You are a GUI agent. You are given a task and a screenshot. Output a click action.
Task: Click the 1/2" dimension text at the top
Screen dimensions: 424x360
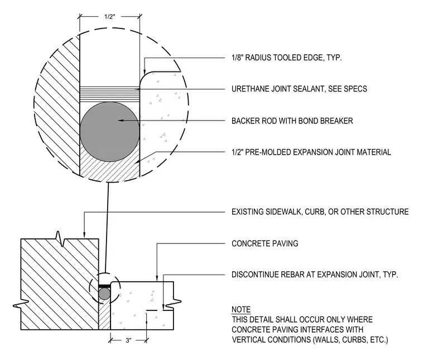pos(110,17)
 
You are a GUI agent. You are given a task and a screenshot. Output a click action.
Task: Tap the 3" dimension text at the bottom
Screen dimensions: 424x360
pos(128,340)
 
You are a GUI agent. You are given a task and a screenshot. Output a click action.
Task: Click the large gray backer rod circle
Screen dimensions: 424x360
pos(110,132)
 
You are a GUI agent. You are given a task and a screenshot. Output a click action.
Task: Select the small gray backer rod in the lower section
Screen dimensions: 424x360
pos(104,294)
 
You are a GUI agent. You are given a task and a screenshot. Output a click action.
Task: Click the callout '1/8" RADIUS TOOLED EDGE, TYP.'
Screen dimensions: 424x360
pos(287,57)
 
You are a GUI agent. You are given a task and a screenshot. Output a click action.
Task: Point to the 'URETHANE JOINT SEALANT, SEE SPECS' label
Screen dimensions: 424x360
pos(300,89)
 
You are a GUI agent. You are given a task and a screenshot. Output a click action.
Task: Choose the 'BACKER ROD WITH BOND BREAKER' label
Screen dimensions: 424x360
pos(292,121)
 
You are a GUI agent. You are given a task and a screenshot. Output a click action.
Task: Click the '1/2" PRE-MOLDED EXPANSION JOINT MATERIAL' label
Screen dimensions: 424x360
pos(311,152)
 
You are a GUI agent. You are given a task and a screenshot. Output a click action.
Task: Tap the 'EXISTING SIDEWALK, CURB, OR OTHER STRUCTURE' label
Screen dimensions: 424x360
pos(320,212)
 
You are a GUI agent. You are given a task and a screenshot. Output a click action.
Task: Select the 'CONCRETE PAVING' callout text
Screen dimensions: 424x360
pos(265,243)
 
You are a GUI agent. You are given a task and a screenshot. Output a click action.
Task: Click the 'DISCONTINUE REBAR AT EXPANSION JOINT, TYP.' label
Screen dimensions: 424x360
pos(315,275)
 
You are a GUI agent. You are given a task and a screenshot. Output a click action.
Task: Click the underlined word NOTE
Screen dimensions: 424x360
pos(241,309)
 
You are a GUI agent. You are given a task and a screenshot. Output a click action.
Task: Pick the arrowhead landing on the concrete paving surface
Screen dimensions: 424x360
pos(157,279)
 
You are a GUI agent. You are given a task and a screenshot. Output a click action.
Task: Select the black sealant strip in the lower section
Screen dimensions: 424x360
pos(104,286)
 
